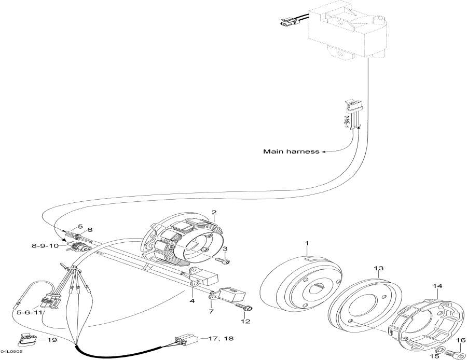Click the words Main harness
click(x=291, y=151)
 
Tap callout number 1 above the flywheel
click(x=307, y=243)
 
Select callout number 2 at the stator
click(x=214, y=212)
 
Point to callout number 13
click(x=379, y=268)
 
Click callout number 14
click(x=437, y=286)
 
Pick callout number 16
click(x=460, y=341)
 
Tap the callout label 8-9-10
click(x=45, y=246)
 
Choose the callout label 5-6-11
click(x=29, y=313)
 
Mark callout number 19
click(x=52, y=340)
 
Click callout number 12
click(x=246, y=321)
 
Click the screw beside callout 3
click(x=222, y=261)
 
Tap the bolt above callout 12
click(x=244, y=307)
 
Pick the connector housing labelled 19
click(x=28, y=340)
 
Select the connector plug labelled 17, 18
click(x=186, y=339)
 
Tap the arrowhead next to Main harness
click(x=323, y=152)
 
